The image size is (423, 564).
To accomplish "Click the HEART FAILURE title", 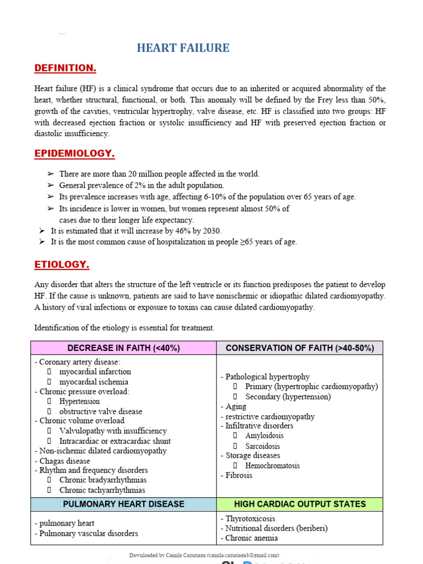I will tap(183, 48).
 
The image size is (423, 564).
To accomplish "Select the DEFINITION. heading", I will tap(65, 68).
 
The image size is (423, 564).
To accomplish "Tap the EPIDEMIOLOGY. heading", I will tap(74, 153).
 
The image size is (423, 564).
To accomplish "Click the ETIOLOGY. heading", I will tap(62, 264).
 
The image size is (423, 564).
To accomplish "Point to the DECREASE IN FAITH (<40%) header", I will tap(123, 348).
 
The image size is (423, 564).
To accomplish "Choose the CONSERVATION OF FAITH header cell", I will tap(300, 348).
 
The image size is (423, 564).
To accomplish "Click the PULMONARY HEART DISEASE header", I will tap(123, 504).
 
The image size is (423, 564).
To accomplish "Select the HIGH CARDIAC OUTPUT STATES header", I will tap(300, 504).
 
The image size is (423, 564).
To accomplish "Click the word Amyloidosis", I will tap(265, 436).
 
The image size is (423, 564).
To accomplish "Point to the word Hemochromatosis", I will tap(273, 465).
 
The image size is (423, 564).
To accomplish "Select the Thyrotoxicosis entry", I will tap(250, 518).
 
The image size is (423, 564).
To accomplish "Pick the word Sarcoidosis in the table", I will tap(263, 446).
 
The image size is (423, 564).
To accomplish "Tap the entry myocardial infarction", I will tap(95, 372).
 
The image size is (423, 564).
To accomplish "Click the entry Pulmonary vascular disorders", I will tap(86, 533).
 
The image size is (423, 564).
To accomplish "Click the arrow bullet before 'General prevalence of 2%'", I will tap(51, 186).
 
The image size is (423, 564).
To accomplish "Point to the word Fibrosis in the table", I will tap(238, 475).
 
